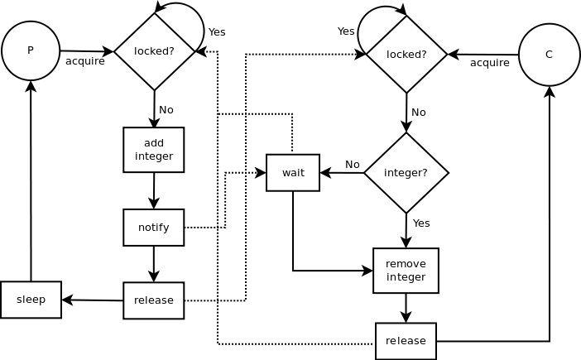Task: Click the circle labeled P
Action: coord(31,50)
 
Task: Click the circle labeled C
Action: coord(549,55)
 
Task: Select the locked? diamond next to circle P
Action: coord(154,51)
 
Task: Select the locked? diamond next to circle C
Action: coord(406,55)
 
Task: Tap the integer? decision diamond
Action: coord(406,173)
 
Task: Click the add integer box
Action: coord(154,150)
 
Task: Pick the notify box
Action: coord(154,228)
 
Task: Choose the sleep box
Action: coord(31,300)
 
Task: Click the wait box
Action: coord(293,173)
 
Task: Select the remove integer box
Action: coord(406,271)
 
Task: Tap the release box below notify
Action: coord(154,300)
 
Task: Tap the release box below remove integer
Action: coord(406,341)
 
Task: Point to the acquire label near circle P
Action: coord(85,61)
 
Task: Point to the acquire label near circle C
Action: coord(490,63)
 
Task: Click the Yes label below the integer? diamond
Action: coord(421,223)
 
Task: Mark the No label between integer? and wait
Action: coord(353,164)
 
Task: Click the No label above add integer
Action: coord(166,110)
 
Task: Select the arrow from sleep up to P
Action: coord(31,182)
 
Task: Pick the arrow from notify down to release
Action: coord(154,264)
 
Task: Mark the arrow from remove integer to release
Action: coord(406,308)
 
